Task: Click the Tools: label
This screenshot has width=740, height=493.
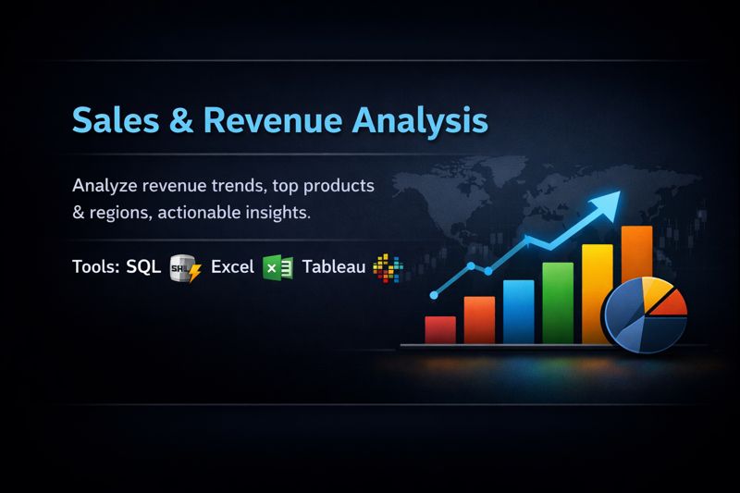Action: [95, 267]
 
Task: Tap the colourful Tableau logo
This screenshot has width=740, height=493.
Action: [388, 268]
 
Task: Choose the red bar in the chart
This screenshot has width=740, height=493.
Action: [440, 329]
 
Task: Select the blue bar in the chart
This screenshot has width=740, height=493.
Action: [519, 312]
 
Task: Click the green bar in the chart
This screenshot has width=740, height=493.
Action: [558, 302]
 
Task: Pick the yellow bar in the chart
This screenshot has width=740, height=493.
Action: [597, 291]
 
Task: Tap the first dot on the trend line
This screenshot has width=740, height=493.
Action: [434, 294]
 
